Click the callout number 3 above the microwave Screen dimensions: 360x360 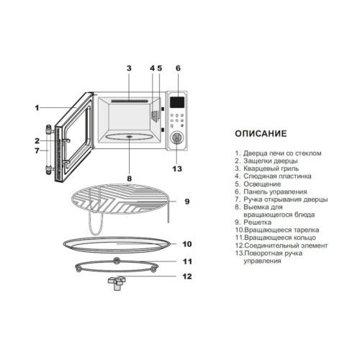click(129, 68)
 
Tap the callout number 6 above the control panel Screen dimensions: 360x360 click(178, 68)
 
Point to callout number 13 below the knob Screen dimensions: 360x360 click(177, 168)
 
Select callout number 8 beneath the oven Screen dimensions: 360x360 click(130, 179)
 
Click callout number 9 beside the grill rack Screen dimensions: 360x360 click(187, 202)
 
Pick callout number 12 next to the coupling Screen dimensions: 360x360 click(187, 276)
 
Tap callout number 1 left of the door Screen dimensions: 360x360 click(37, 108)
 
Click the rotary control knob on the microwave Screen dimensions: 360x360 click(177, 138)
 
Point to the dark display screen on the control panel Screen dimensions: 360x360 click(177, 102)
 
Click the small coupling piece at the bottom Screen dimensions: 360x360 click(117, 282)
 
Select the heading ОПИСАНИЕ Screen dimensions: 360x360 click(261, 133)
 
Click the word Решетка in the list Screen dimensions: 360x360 click(258, 222)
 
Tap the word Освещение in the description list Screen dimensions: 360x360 click(262, 184)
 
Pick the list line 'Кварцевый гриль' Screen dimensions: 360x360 click(271, 168)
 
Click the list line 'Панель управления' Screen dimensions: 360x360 click(275, 192)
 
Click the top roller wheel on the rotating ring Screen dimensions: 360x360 click(117, 260)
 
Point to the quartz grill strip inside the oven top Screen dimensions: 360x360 click(129, 101)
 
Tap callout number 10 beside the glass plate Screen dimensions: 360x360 click(187, 244)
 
